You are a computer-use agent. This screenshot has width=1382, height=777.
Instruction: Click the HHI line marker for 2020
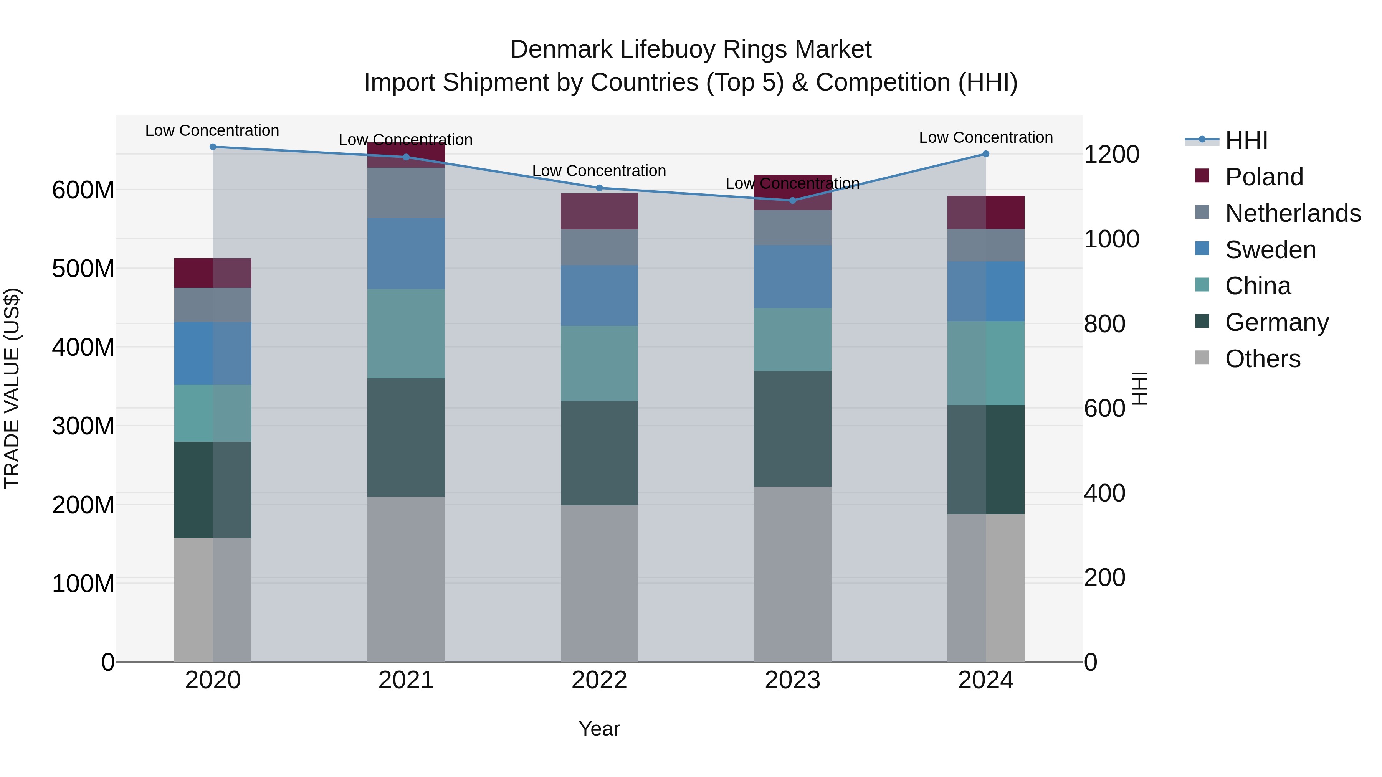pyautogui.click(x=213, y=147)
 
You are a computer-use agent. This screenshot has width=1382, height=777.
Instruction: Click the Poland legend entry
pyautogui.click(x=1263, y=177)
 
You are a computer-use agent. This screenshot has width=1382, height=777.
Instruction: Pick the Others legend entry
pyautogui.click(x=1262, y=359)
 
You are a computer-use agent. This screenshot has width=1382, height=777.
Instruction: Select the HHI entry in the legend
pyautogui.click(x=1246, y=140)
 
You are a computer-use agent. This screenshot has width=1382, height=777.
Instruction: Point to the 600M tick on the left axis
pyautogui.click(x=83, y=190)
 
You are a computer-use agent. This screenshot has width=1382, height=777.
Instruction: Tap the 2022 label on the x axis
pyautogui.click(x=599, y=680)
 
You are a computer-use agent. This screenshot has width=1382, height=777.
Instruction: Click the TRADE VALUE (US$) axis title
pyautogui.click(x=12, y=388)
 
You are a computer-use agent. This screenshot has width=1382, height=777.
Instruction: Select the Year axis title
pyautogui.click(x=599, y=729)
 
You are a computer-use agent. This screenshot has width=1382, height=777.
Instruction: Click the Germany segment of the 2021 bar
pyautogui.click(x=406, y=437)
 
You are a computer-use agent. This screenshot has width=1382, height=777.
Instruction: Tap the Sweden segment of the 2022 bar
pyautogui.click(x=599, y=295)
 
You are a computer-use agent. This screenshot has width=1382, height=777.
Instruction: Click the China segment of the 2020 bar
pyautogui.click(x=213, y=413)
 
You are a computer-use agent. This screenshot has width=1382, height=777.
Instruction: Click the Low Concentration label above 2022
pyautogui.click(x=599, y=171)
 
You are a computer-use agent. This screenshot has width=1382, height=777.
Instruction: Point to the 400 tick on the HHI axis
pyautogui.click(x=1104, y=493)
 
